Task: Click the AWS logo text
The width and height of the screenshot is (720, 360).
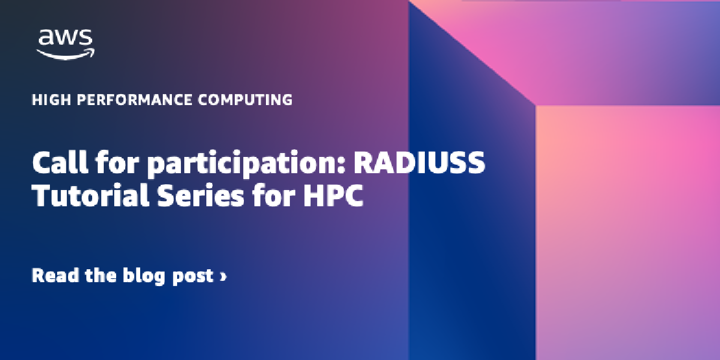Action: [x=66, y=38]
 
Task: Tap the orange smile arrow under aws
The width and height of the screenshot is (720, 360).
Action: [x=66, y=54]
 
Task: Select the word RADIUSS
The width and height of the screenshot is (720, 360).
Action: [x=419, y=163]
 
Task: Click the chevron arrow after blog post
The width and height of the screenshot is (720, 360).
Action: [x=223, y=276]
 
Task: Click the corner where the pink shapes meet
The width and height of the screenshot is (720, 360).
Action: [x=535, y=105]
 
